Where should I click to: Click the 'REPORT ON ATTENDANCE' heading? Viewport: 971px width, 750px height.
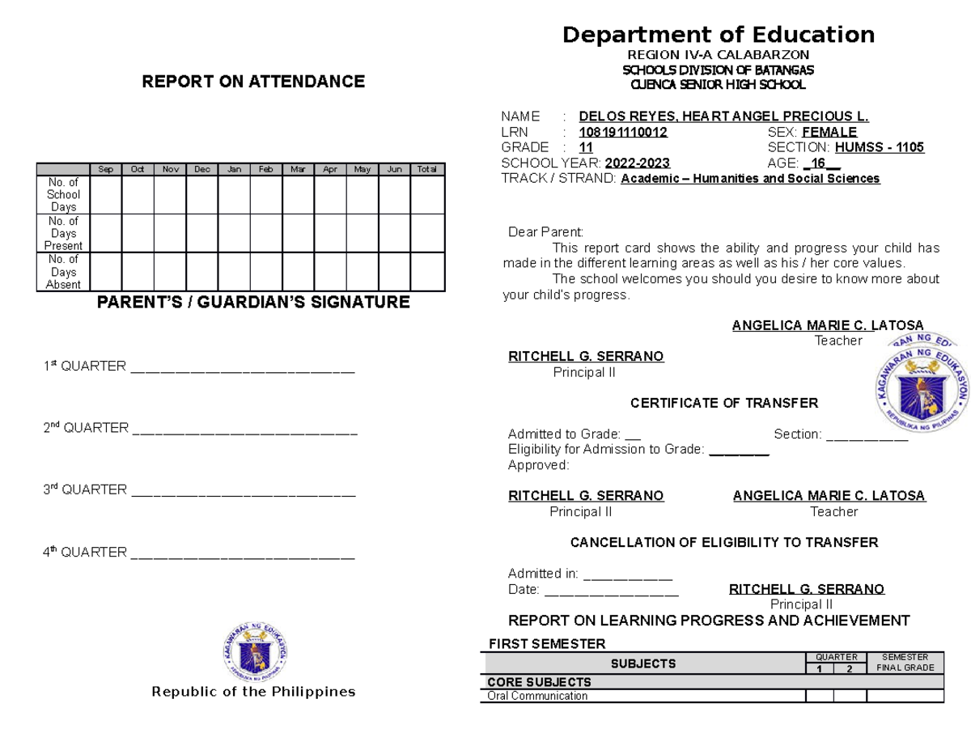253,82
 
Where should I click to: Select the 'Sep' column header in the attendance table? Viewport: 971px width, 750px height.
105,169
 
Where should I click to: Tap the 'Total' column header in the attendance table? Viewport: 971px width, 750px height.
426,169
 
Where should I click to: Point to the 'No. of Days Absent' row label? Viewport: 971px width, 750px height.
63,272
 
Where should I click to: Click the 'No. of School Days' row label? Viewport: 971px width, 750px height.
63,195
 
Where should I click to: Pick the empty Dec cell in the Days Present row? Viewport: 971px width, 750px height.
201,233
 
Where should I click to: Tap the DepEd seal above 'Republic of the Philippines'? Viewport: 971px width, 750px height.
255,652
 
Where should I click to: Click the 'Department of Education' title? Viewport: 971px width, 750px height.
719,35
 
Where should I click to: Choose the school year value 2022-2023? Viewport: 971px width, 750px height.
637,163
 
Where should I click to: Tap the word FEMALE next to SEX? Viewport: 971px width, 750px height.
829,132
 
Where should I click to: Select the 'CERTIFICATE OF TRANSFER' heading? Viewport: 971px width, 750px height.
723,403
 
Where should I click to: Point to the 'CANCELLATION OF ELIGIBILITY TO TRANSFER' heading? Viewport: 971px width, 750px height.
723,542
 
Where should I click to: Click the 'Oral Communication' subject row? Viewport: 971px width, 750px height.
537,696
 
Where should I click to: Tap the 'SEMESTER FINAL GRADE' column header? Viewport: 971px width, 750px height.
905,663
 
